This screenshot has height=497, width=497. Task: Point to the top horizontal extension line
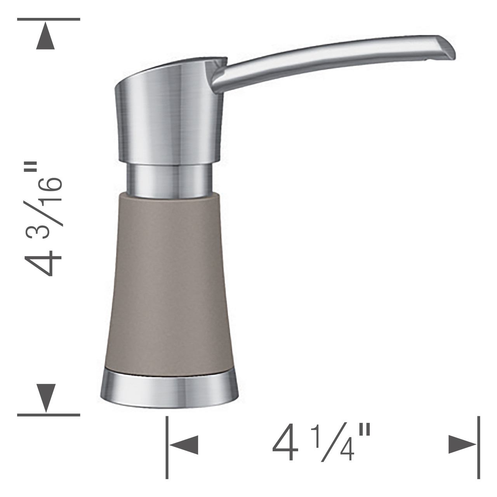pos(49,19)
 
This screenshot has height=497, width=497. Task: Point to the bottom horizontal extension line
pos(49,415)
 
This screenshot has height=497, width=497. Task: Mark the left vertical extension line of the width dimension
pos(167,447)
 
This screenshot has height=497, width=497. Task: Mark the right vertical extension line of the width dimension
pos(478,447)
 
